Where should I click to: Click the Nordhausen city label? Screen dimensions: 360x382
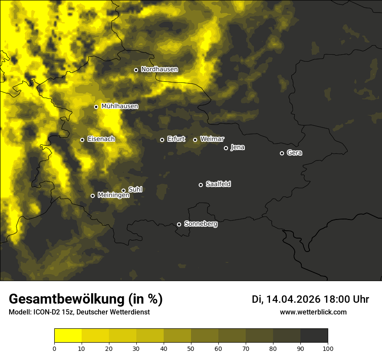pos(159,69)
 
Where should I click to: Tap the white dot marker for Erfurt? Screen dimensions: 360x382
pos(162,140)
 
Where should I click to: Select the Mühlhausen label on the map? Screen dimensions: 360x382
pos(119,106)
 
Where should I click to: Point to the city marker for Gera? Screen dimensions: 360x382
pos(282,153)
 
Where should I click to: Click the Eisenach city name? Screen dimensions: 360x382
pos(101,139)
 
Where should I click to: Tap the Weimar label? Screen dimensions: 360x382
pos(212,139)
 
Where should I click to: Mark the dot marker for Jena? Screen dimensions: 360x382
pos(226,148)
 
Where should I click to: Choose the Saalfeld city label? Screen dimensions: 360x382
pos(218,184)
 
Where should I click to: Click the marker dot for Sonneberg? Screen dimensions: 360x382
pos(179,224)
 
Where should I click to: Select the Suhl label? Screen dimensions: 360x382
pos(135,190)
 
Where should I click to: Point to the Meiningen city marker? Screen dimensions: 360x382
pos(92,196)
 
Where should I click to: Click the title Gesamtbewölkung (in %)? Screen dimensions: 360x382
pos(86,299)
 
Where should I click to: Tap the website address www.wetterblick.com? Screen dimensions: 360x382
pos(313,312)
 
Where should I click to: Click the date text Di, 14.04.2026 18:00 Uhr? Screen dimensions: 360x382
pos(310,299)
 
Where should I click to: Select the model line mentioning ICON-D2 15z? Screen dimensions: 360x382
pos(79,312)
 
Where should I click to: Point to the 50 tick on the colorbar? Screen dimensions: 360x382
pos(191,348)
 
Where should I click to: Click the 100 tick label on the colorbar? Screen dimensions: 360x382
pos(328,348)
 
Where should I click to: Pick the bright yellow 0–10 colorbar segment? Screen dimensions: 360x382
pos(68,336)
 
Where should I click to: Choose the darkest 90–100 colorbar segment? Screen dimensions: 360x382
pos(314,336)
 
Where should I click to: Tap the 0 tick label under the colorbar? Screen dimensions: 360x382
pos(54,348)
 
